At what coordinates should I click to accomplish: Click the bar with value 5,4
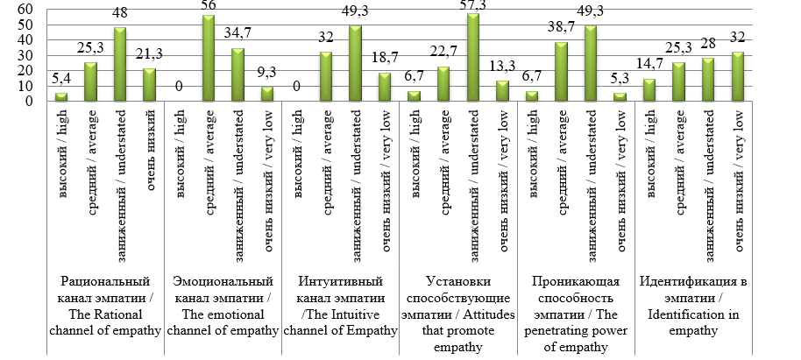60,96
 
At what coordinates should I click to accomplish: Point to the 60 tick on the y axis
25,9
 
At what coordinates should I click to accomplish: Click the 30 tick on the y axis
25,55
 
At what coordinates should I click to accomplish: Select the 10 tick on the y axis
25,86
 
